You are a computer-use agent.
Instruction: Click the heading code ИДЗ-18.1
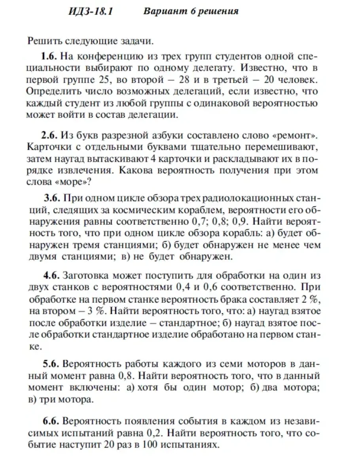coord(91,11)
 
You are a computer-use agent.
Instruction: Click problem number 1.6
coord(50,55)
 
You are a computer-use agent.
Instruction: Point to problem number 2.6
coord(50,136)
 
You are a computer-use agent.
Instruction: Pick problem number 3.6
coord(52,198)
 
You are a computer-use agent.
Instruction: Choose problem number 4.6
coord(52,275)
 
